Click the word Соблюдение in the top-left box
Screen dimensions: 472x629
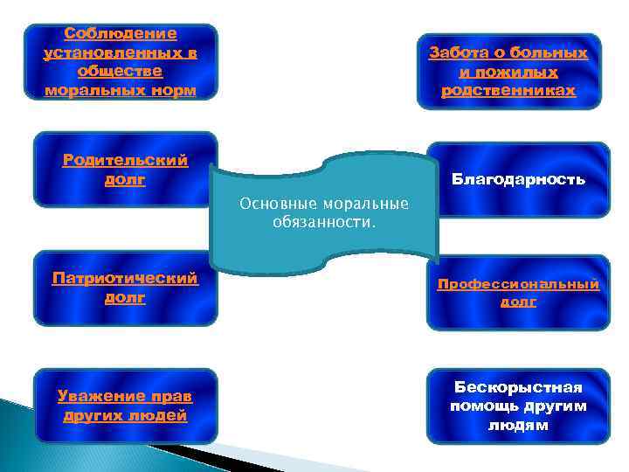pyautogui.click(x=121, y=34)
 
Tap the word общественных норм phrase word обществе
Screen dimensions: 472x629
pyautogui.click(x=121, y=72)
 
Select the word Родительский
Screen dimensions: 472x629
pyautogui.click(x=125, y=160)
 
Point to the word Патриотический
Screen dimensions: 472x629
pyautogui.click(x=125, y=278)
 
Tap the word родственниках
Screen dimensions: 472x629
pyautogui.click(x=508, y=91)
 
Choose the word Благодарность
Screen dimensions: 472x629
pyautogui.click(x=518, y=179)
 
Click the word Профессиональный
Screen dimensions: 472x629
pyautogui.click(x=518, y=284)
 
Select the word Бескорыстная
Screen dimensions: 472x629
pyautogui.click(x=518, y=387)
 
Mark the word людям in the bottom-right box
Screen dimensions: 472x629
pyautogui.click(x=518, y=426)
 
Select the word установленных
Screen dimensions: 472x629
pyautogui.click(x=121, y=52)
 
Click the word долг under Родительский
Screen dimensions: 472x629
pyautogui.click(x=125, y=179)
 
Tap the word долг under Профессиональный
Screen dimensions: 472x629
pyautogui.click(x=518, y=302)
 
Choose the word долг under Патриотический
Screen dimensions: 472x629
pyautogui.click(x=125, y=297)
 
